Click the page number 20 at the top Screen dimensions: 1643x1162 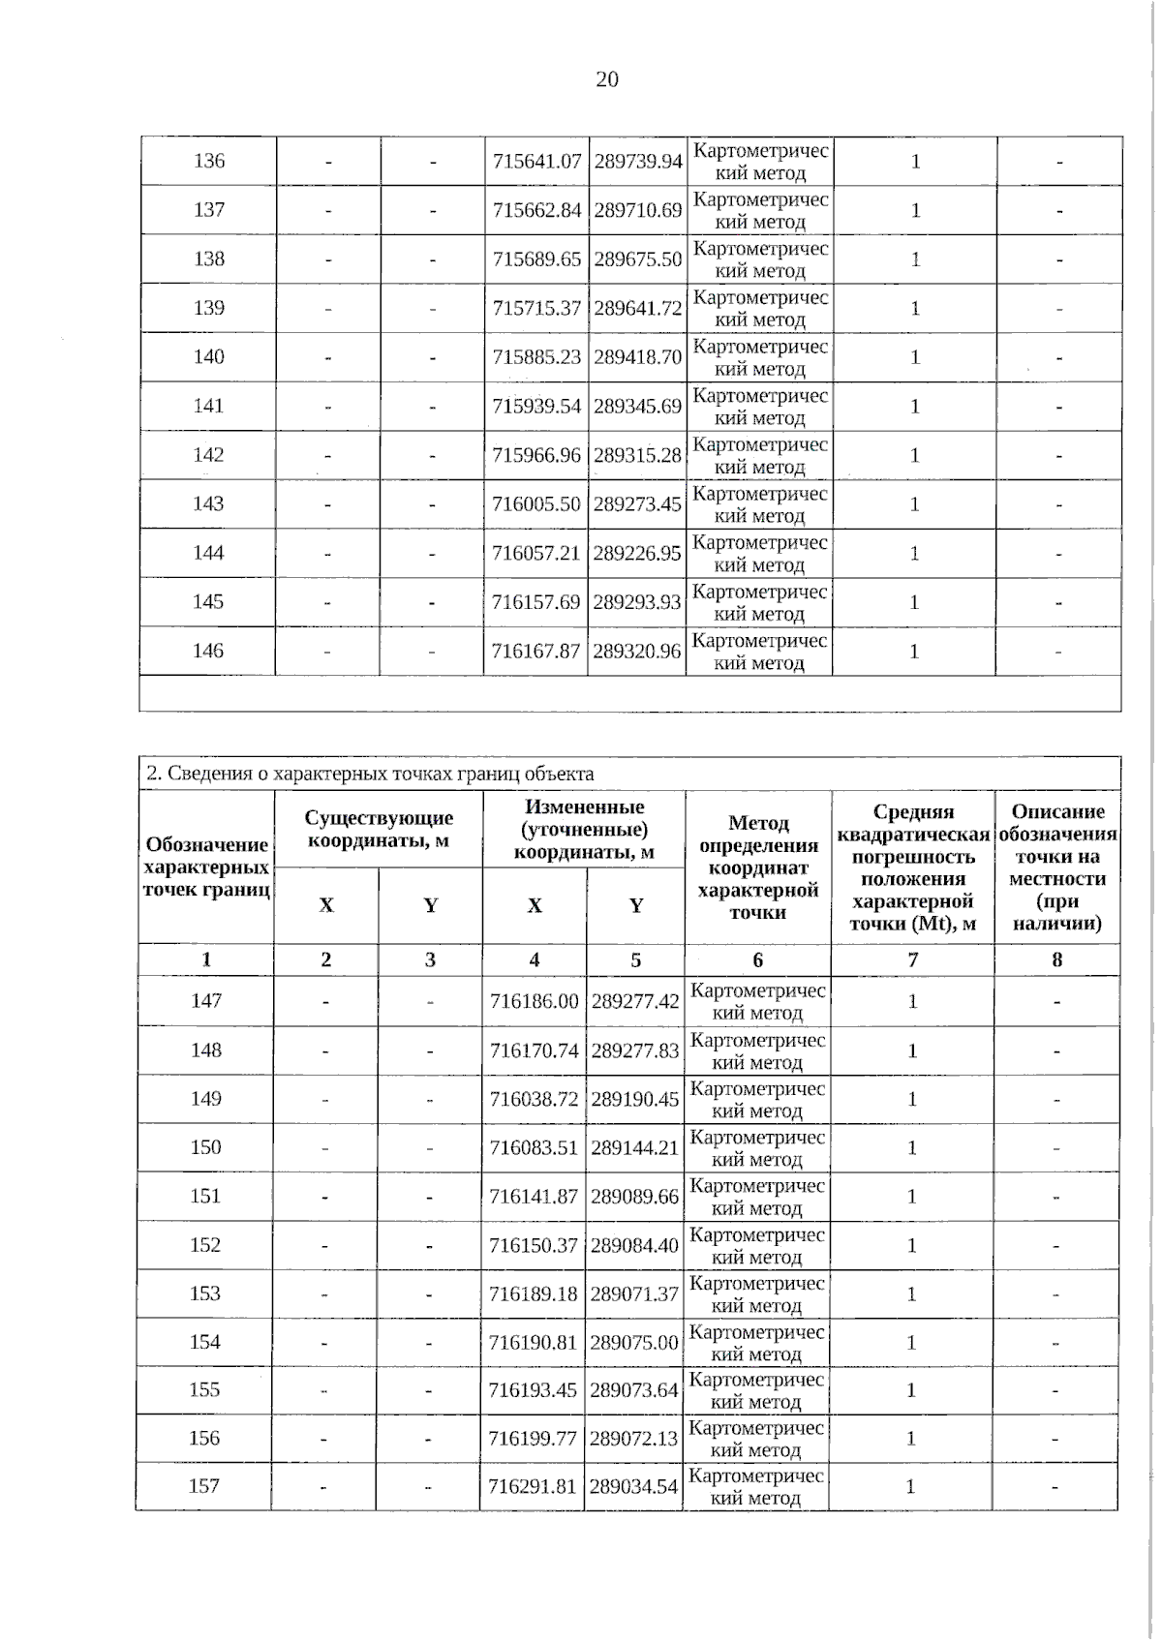pos(607,79)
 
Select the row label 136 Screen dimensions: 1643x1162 pos(209,161)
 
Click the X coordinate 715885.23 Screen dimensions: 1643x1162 pos(536,357)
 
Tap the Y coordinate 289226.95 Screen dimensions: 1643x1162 pos(637,553)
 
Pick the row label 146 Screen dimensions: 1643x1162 pos(208,651)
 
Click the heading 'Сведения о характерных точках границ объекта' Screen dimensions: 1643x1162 pos(370,774)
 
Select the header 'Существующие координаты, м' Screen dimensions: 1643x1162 pos(379,830)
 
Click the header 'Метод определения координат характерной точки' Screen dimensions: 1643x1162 pos(758,867)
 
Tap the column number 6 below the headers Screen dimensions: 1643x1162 pos(757,959)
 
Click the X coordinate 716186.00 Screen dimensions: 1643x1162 pos(534,1001)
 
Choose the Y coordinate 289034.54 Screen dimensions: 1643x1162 pos(633,1486)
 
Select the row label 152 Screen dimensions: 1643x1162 pos(205,1245)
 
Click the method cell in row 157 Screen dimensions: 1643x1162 pos(756,1487)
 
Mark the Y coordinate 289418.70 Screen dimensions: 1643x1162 pos(638,357)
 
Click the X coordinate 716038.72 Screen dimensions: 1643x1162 pos(534,1099)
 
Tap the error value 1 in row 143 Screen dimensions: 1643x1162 pos(914,504)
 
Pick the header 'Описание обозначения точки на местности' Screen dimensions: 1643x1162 pos(1057,867)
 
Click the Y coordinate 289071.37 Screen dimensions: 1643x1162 pos(634,1293)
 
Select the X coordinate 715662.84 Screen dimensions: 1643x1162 pos(536,210)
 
